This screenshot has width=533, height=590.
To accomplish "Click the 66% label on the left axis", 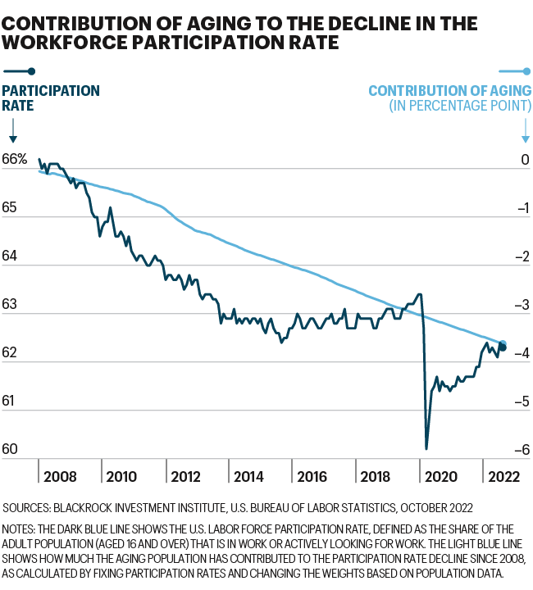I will pos(15,161).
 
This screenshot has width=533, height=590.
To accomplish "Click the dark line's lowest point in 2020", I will pos(426,448).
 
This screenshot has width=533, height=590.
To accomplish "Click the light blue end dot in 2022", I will pos(503,344).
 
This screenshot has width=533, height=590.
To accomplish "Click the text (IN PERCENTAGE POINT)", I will pos(459,107).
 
